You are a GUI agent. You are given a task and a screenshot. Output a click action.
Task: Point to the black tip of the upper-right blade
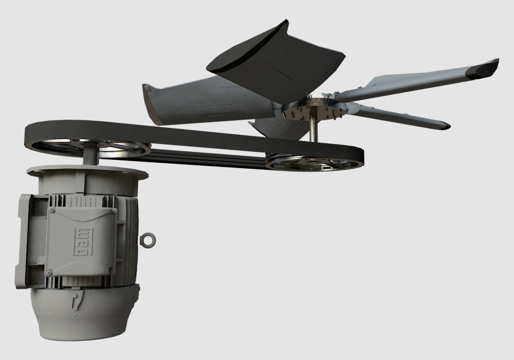tap(486, 67)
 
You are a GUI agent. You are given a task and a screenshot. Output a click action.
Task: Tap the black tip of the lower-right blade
tap(443, 125)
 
